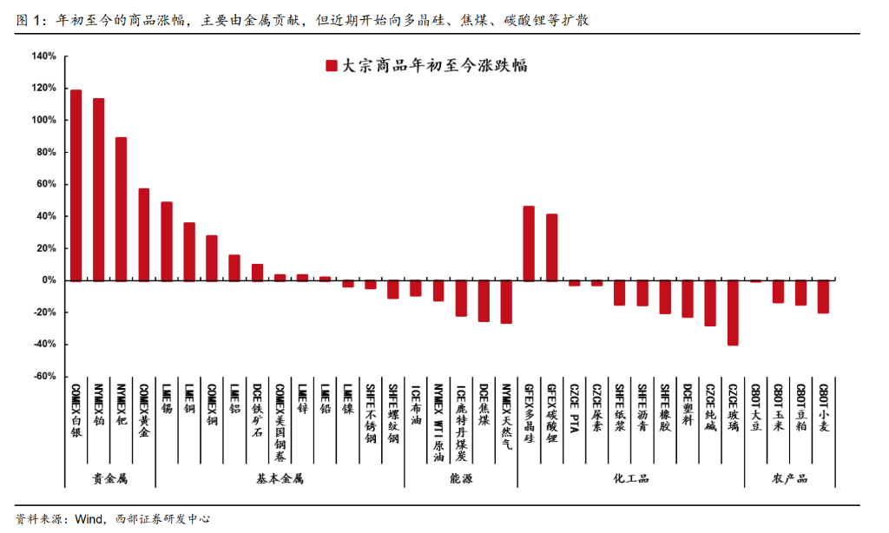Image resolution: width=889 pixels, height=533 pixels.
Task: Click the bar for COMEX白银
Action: pos(76,185)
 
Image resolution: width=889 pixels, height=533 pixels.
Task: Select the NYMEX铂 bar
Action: pos(98,189)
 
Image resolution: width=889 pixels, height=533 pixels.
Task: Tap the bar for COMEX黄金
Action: pos(143,234)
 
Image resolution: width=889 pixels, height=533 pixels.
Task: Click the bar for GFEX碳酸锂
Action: pos(551,247)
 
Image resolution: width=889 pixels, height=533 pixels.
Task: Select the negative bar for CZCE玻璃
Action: pos(733,313)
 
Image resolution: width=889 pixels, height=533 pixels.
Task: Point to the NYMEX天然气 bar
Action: pos(506,302)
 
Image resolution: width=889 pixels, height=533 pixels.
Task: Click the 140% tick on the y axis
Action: pos(43,56)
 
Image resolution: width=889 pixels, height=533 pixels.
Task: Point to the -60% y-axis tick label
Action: pos(43,377)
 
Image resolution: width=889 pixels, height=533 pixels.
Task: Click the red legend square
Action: pos(331,65)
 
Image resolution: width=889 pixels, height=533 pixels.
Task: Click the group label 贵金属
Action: pos(110,478)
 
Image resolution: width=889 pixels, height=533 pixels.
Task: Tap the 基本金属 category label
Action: pos(280,478)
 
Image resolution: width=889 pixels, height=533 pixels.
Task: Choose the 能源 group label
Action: pos(461,478)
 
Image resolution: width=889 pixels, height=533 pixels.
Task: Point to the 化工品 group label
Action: pos(630,478)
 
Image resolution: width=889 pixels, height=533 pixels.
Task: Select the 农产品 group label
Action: pos(789,478)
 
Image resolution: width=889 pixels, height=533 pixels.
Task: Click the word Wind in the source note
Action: pos(90,519)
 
